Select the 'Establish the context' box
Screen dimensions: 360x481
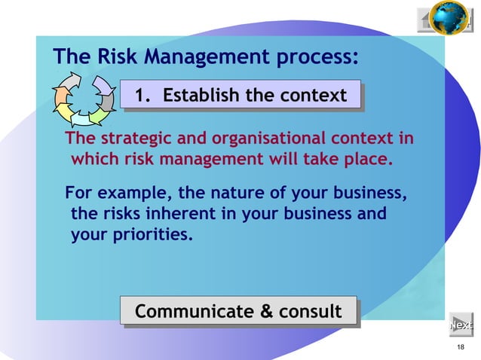click(240, 96)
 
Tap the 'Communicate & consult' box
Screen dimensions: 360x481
click(237, 311)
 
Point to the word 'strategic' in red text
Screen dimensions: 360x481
click(132, 139)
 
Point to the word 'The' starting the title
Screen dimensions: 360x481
click(70, 56)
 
